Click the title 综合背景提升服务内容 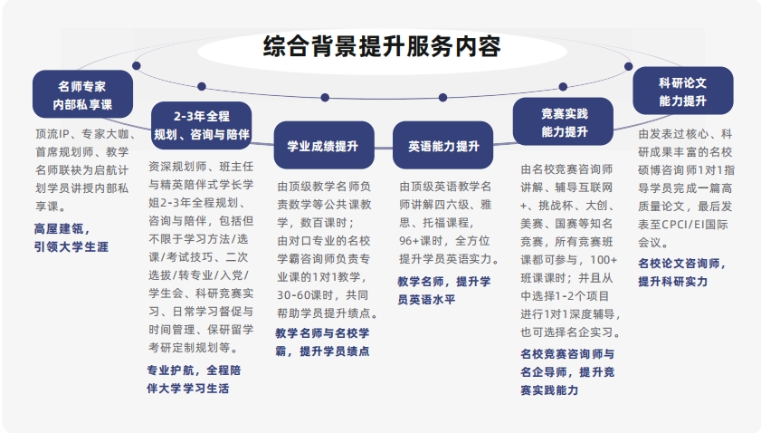pyautogui.click(x=381, y=46)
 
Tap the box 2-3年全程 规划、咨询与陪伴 pyautogui.click(x=201, y=126)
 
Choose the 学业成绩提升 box pyautogui.click(x=323, y=146)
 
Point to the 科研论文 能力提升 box pyautogui.click(x=682, y=91)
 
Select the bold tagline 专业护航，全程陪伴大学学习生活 pyautogui.click(x=193, y=379)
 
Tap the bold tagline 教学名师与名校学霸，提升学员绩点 pyautogui.click(x=322, y=342)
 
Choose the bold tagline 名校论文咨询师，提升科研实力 pyautogui.click(x=682, y=272)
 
